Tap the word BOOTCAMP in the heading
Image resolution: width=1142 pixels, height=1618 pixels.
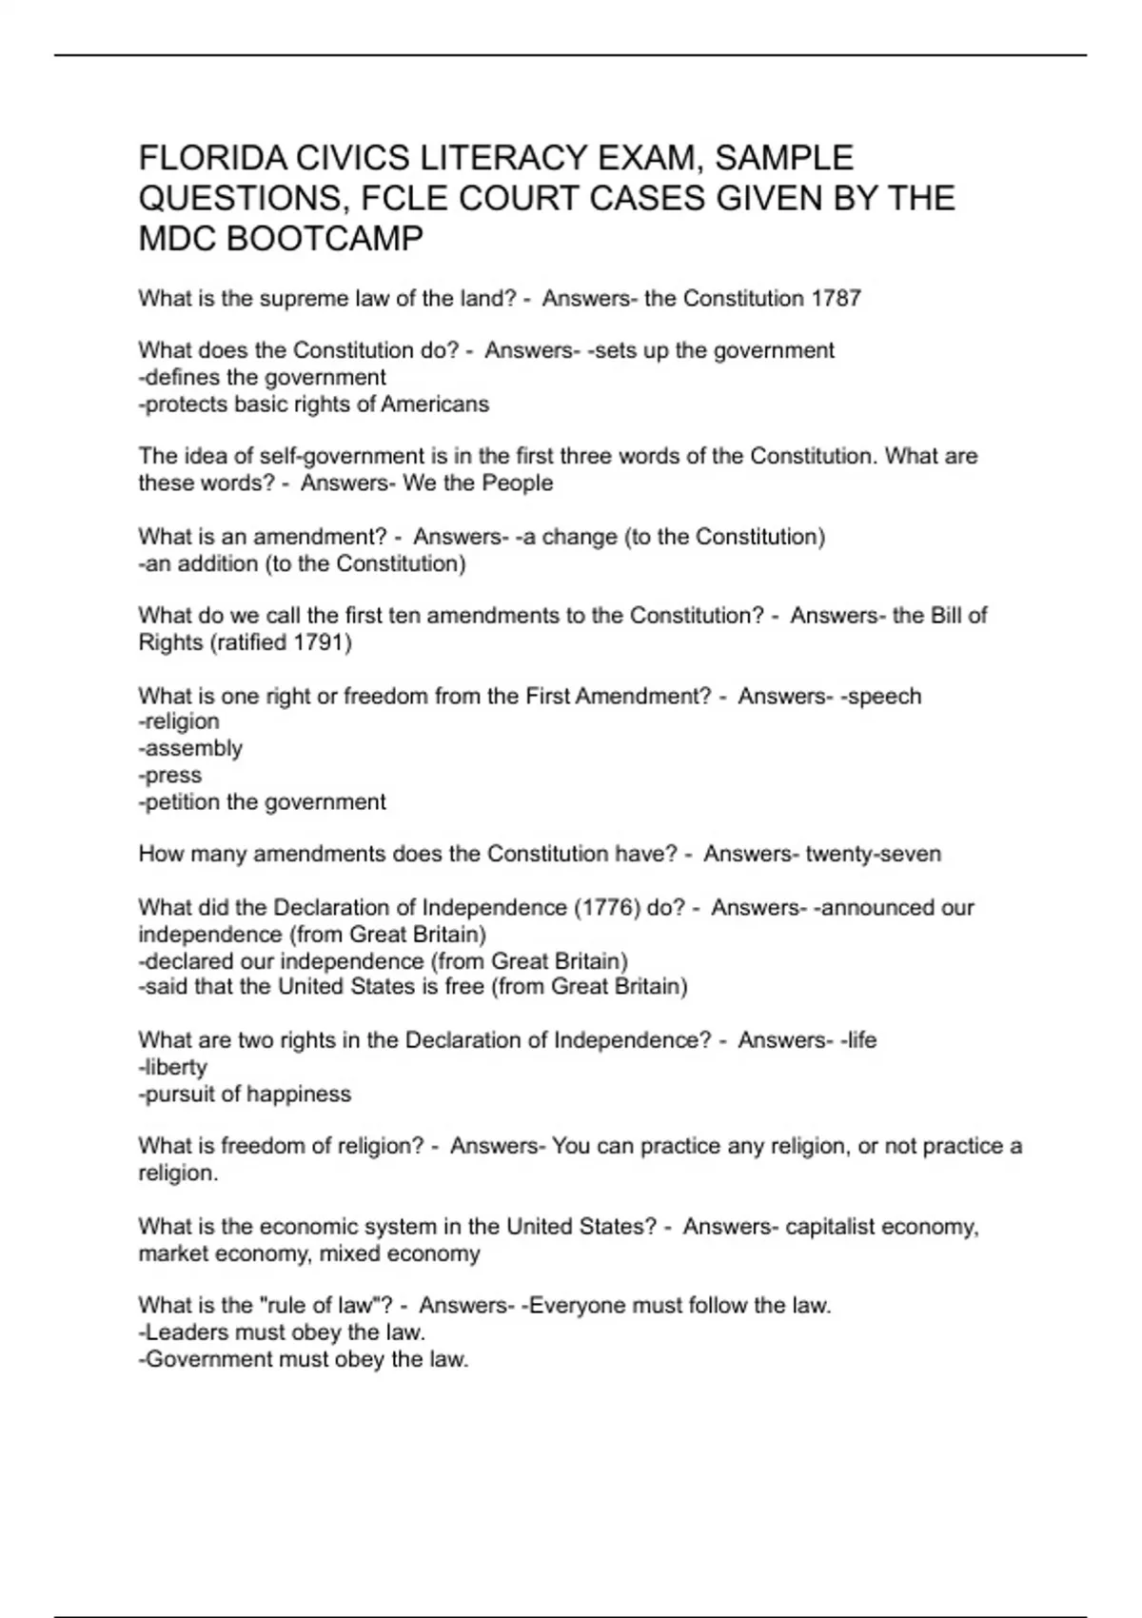point(325,238)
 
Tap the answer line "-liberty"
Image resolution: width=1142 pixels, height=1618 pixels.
point(173,1067)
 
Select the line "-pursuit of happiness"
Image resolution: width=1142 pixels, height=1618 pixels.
point(246,1095)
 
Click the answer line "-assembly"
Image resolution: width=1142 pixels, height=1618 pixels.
point(190,748)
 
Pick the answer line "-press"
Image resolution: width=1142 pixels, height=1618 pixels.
point(170,775)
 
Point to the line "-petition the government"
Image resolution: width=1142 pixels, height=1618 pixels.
point(263,802)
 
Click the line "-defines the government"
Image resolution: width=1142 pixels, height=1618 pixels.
point(263,378)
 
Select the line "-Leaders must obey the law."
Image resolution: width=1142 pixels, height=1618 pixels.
point(282,1332)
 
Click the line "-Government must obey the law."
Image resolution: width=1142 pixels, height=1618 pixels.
point(304,1359)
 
